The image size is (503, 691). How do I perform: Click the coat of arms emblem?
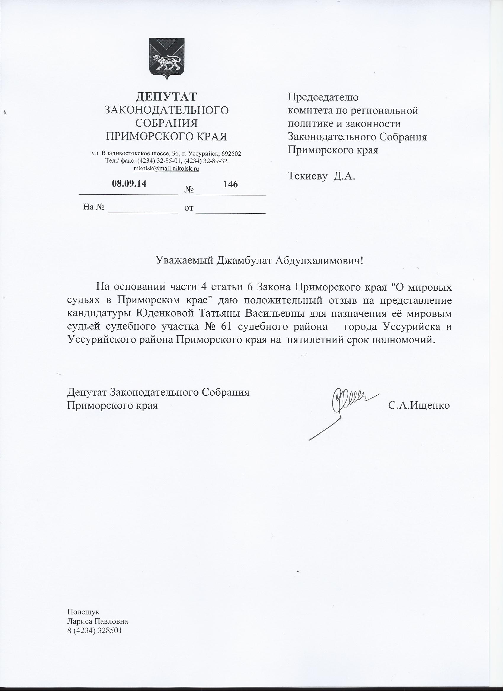coord(167,59)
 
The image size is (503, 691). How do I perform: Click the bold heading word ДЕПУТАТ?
coord(166,97)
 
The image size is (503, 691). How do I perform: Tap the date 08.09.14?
coord(129,184)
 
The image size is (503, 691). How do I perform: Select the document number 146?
coord(230,184)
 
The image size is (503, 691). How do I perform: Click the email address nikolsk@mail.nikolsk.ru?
coord(166,168)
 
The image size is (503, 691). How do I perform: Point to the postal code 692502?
coord(231,153)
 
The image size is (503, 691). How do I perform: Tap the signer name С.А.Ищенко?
coord(419,405)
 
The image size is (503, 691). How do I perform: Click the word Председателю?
coord(323,97)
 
